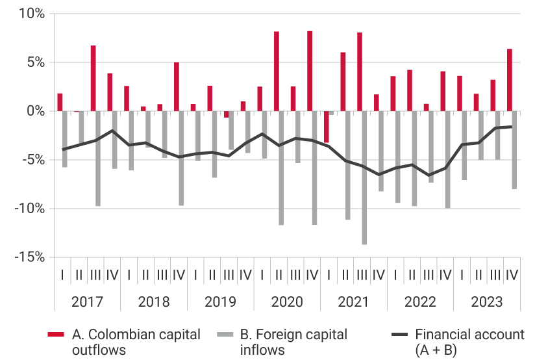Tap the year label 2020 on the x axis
pyautogui.click(x=287, y=302)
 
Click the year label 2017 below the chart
pyautogui.click(x=87, y=302)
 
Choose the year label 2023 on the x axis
pyautogui.click(x=487, y=302)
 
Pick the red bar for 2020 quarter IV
pyautogui.click(x=310, y=71)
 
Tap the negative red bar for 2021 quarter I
pyautogui.click(x=327, y=127)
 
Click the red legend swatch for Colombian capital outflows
pyautogui.click(x=55, y=335)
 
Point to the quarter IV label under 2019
pyautogui.click(x=245, y=275)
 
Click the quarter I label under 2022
pyautogui.click(x=395, y=275)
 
